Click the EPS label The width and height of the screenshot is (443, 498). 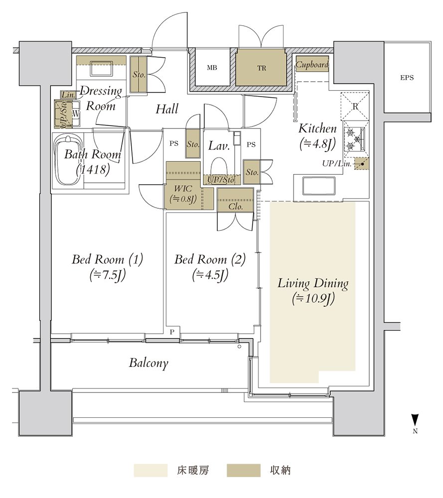[407, 78]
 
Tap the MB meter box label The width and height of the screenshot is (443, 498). [212, 68]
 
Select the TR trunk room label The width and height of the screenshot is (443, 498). [262, 68]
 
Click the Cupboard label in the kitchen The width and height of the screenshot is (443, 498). [312, 65]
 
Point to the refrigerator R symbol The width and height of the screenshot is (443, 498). [355, 107]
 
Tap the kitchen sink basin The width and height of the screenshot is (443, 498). [319, 186]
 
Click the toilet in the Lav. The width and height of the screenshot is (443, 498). [219, 167]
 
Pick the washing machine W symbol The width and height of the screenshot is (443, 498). [76, 114]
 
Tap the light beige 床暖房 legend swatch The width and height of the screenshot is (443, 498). [150, 471]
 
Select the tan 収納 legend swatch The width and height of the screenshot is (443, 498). [244, 471]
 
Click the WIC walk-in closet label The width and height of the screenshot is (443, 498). [183, 189]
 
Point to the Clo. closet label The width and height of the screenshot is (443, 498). [236, 207]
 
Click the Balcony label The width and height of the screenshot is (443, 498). [148, 363]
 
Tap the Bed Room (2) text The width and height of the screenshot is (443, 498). [210, 259]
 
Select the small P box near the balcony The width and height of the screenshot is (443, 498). [172, 332]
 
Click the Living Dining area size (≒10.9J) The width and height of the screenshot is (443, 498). [313, 298]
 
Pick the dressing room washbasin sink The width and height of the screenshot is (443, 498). [101, 69]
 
